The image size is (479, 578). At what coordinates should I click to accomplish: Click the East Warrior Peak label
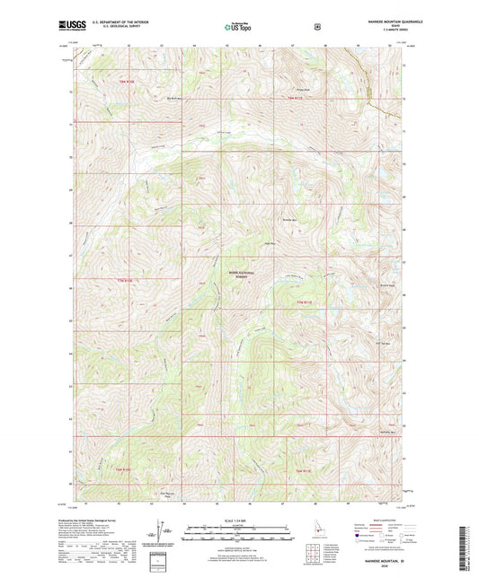pos(166,493)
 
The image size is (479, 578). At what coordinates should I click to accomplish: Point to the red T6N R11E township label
pos(305,469)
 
